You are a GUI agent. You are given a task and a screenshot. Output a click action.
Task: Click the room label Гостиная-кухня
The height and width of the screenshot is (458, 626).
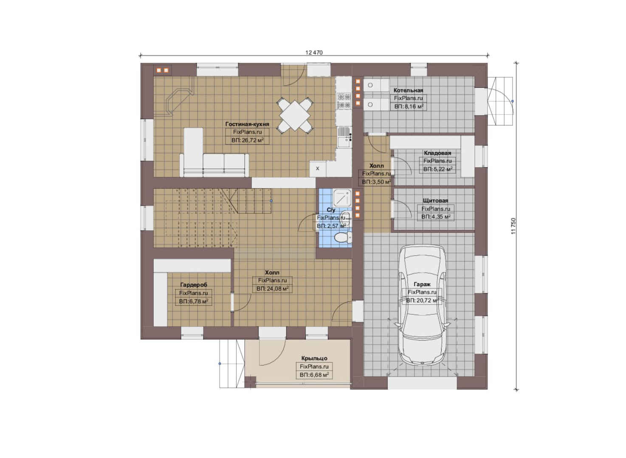(247, 124)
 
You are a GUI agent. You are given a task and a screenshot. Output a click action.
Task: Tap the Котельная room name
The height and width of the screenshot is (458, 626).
(408, 90)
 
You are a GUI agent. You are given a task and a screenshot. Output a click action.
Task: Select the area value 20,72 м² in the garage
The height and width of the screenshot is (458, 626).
(422, 301)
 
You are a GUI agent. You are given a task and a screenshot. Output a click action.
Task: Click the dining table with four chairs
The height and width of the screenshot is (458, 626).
(295, 115)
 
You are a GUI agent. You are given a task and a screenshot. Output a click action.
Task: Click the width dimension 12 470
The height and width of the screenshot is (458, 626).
(314, 53)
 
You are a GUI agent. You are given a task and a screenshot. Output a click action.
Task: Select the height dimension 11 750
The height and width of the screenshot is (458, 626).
(513, 226)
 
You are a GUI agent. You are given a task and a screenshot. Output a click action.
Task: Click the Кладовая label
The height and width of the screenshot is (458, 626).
(437, 153)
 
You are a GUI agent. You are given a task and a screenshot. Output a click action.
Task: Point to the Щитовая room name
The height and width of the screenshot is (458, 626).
(435, 201)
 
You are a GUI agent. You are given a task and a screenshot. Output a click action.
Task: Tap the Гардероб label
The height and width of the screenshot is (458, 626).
(194, 285)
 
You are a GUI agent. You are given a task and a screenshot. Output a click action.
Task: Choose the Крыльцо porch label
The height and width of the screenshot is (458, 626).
(314, 358)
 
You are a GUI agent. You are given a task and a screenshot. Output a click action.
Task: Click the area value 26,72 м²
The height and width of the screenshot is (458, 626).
(248, 140)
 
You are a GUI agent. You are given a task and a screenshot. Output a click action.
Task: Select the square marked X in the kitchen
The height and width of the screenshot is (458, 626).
(318, 169)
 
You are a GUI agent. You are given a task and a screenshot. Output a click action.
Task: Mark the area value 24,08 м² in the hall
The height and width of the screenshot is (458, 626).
(272, 289)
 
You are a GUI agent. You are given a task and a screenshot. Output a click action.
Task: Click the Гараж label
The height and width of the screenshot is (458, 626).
(422, 285)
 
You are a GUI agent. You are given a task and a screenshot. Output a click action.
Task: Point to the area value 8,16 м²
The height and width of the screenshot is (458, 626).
(409, 106)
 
